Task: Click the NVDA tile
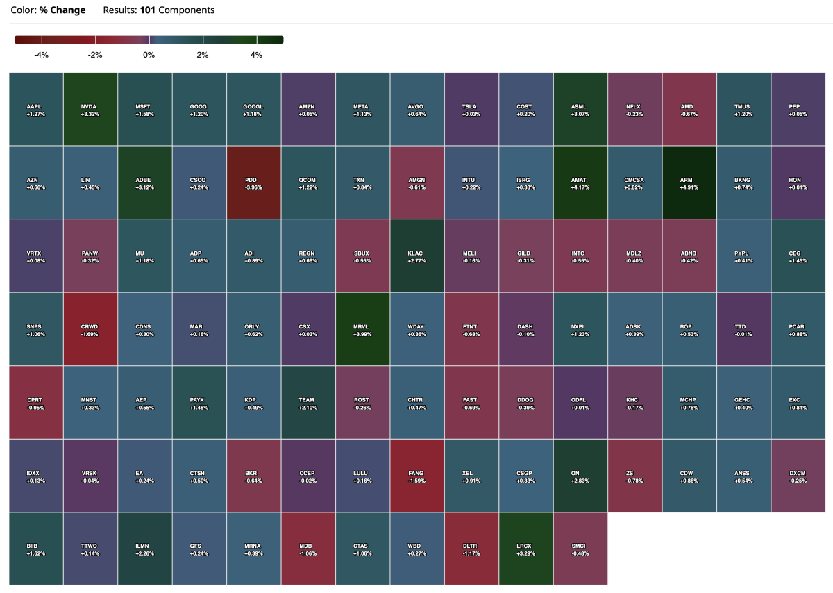pos(90,109)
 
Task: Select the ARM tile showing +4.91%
pos(689,183)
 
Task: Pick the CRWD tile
pos(90,328)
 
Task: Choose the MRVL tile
pos(362,328)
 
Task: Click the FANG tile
pos(416,476)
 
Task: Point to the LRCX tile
pos(525,549)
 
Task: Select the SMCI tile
pos(580,549)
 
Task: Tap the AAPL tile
pos(35,109)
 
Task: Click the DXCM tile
pos(798,476)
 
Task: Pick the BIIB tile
pos(35,549)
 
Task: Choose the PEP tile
pos(798,109)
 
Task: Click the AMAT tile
pos(580,183)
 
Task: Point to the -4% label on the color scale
pos(41,54)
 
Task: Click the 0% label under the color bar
pos(149,54)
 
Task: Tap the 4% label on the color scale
pos(256,54)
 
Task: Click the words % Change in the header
pos(62,10)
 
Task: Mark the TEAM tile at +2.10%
pos(308,402)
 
